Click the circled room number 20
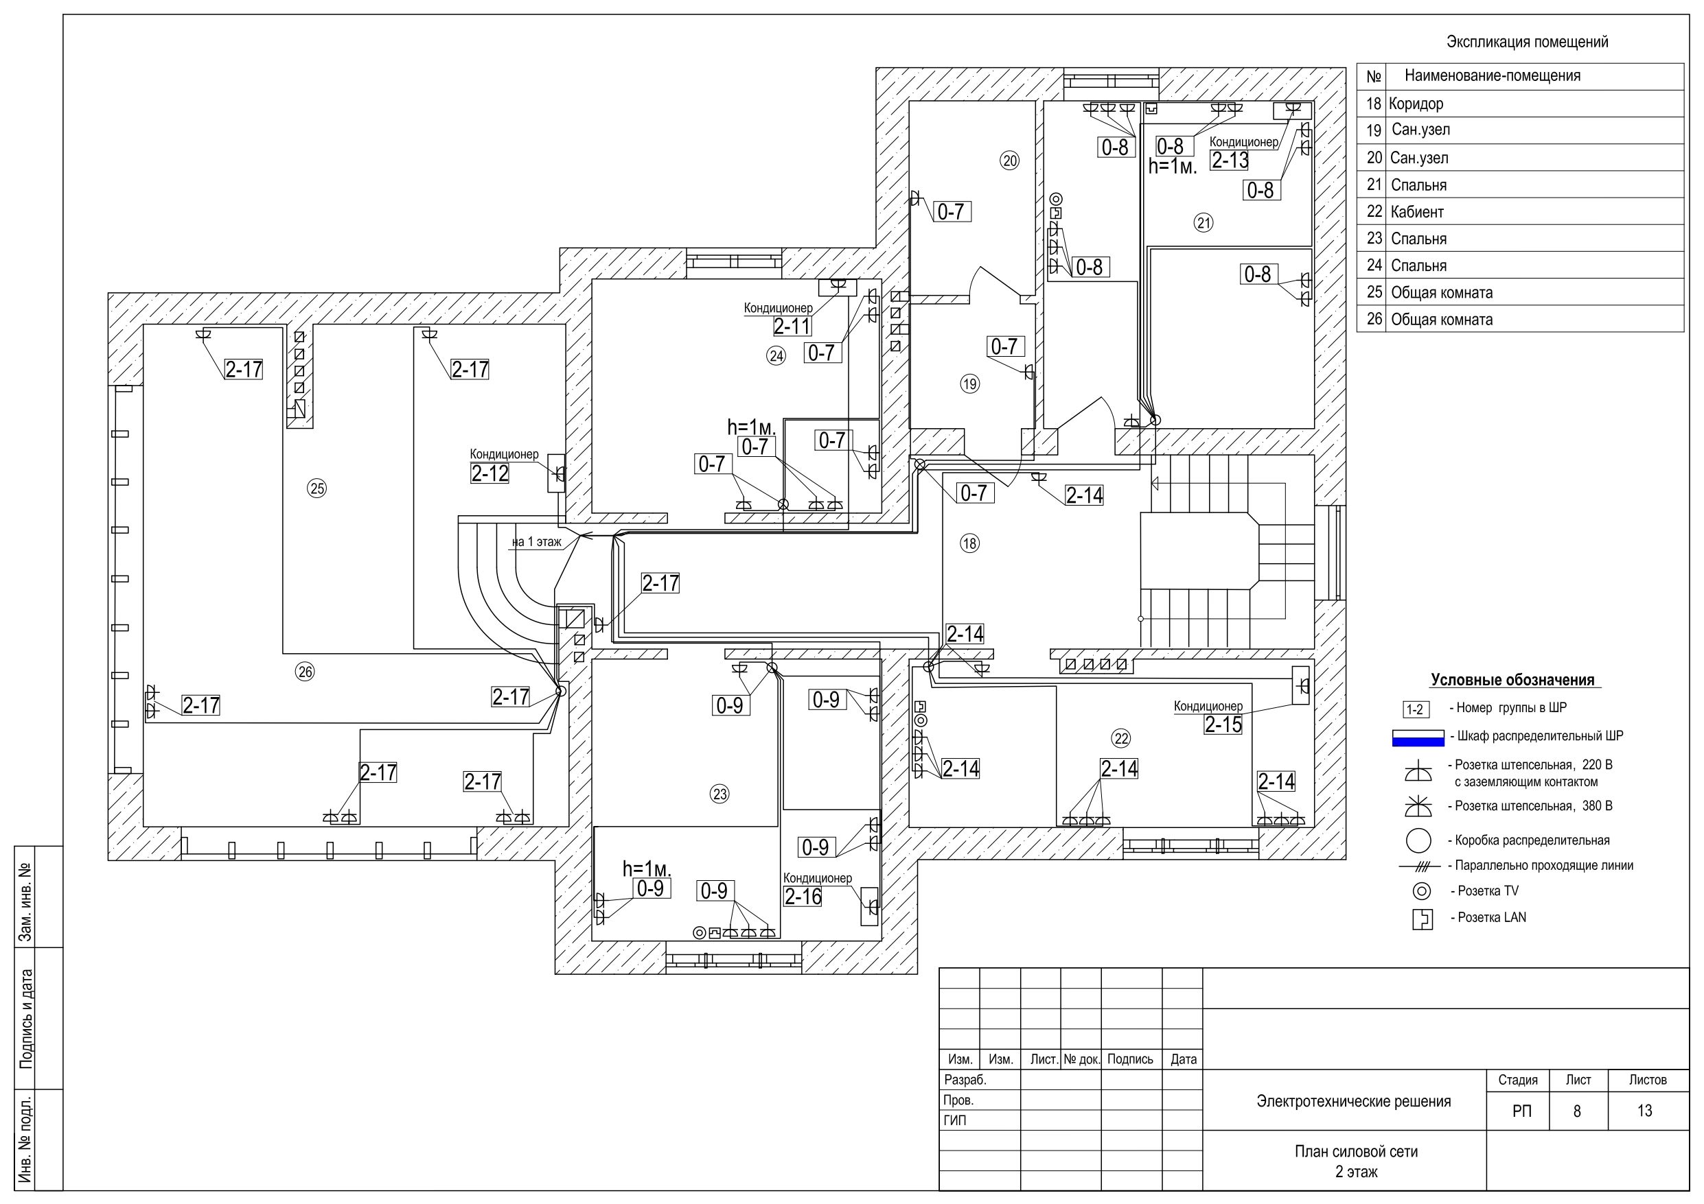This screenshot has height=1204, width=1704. click(x=1009, y=161)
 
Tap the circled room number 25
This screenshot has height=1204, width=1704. click(x=317, y=488)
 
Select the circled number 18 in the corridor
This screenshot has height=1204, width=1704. click(x=969, y=543)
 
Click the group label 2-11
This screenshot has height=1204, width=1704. click(x=792, y=327)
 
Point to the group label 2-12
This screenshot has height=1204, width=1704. click(x=490, y=473)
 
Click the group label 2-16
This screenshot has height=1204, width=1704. click(x=803, y=897)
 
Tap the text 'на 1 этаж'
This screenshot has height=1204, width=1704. click(x=537, y=542)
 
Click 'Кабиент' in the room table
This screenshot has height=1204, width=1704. click(x=1417, y=212)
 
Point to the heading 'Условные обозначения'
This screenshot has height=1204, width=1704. click(x=1512, y=681)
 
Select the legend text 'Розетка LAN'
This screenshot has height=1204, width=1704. click(x=1492, y=918)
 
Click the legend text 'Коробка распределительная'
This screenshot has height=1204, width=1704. click(x=1532, y=840)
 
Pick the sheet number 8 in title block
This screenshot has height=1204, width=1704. click(x=1576, y=1111)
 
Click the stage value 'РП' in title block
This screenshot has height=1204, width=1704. click(x=1521, y=1111)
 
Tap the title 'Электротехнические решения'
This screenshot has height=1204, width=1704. click(x=1354, y=1102)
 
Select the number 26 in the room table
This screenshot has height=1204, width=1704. click(x=1374, y=319)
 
